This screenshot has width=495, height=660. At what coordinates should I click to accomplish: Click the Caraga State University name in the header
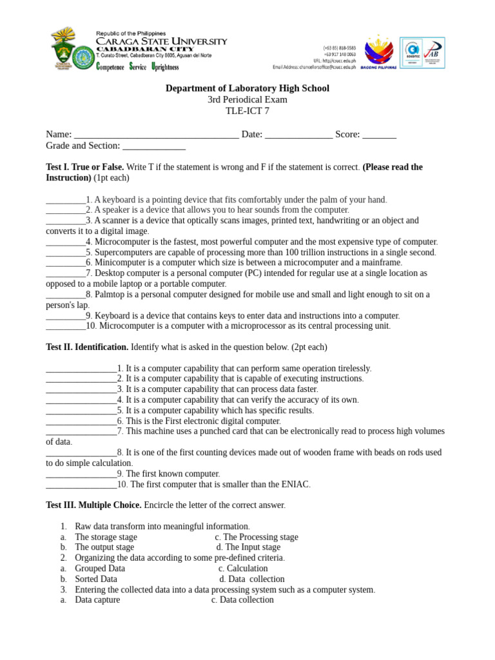[161, 41]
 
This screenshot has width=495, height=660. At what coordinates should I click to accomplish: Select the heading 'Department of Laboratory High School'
[247, 88]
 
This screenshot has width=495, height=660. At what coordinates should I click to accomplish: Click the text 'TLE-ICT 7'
[247, 111]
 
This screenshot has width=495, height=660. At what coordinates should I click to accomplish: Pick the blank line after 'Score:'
[379, 135]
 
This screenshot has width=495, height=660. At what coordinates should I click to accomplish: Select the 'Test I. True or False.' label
[85, 167]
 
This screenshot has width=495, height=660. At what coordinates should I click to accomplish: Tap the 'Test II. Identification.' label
[87, 347]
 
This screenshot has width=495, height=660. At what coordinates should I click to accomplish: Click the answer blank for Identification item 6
[81, 421]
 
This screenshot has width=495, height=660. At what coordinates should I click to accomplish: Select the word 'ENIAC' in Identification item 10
[295, 485]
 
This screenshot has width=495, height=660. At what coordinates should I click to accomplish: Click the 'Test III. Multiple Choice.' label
[93, 505]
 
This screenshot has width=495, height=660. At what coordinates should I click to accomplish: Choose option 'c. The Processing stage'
[257, 537]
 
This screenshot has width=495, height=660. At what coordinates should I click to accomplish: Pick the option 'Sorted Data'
[96, 579]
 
